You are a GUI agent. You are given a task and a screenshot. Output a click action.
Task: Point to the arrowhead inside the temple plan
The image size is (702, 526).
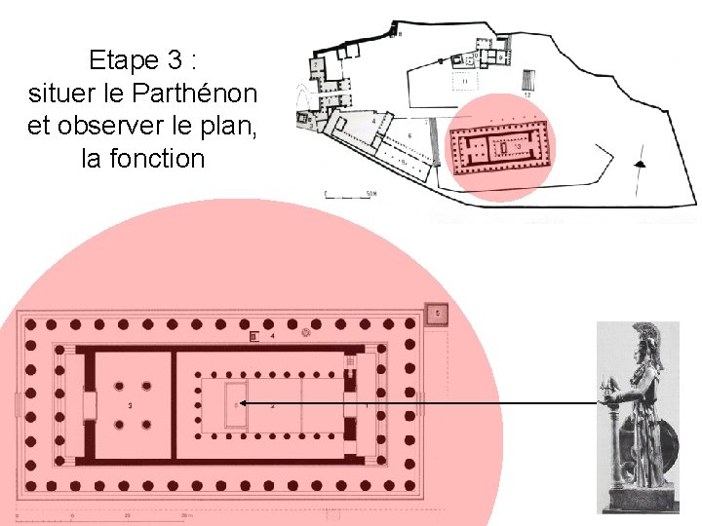click(x=242, y=402)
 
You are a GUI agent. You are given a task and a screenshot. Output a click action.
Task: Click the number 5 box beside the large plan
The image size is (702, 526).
click(x=438, y=314)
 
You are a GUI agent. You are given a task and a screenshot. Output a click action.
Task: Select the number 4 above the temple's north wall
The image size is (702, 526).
click(x=273, y=335)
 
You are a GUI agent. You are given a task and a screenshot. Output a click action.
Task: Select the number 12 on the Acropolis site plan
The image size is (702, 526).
click(x=526, y=95)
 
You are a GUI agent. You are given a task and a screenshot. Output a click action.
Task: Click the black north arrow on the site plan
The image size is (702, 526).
click(x=641, y=164)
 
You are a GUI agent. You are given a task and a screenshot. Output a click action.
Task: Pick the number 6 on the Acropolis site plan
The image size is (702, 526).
click(x=409, y=135)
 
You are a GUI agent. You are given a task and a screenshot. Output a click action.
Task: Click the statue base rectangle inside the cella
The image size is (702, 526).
click(x=235, y=404)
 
